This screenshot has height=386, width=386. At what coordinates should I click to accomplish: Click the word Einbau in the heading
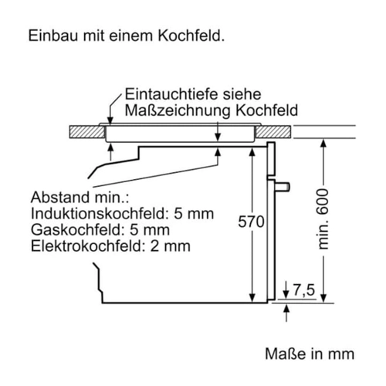[53, 36]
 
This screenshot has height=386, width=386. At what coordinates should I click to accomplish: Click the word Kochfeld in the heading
[191, 36]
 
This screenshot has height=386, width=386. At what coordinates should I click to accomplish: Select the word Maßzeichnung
[178, 110]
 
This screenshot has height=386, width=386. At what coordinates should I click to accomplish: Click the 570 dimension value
[251, 222]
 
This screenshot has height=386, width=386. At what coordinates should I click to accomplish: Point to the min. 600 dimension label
[323, 219]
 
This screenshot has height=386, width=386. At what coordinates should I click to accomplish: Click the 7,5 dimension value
[304, 289]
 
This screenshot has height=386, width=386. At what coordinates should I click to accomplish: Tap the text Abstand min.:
[80, 198]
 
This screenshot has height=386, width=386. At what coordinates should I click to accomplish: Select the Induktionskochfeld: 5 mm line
[122, 214]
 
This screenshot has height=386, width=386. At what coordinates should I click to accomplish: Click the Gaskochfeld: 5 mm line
[100, 229]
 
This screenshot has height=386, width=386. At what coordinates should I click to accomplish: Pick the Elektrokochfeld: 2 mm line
[110, 245]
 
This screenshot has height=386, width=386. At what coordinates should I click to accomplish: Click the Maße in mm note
[310, 354]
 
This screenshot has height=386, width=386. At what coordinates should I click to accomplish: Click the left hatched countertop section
[87, 132]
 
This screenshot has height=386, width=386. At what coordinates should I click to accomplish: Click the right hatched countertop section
[273, 132]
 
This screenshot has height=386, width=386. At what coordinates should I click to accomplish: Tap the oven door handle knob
[283, 187]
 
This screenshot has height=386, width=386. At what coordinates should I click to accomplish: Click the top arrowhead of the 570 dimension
[252, 152]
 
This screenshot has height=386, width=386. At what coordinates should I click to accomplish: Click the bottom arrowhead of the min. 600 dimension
[323, 298]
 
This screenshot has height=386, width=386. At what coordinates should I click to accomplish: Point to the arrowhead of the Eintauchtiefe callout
[110, 120]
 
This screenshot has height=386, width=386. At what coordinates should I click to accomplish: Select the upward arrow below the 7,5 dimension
[286, 313]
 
